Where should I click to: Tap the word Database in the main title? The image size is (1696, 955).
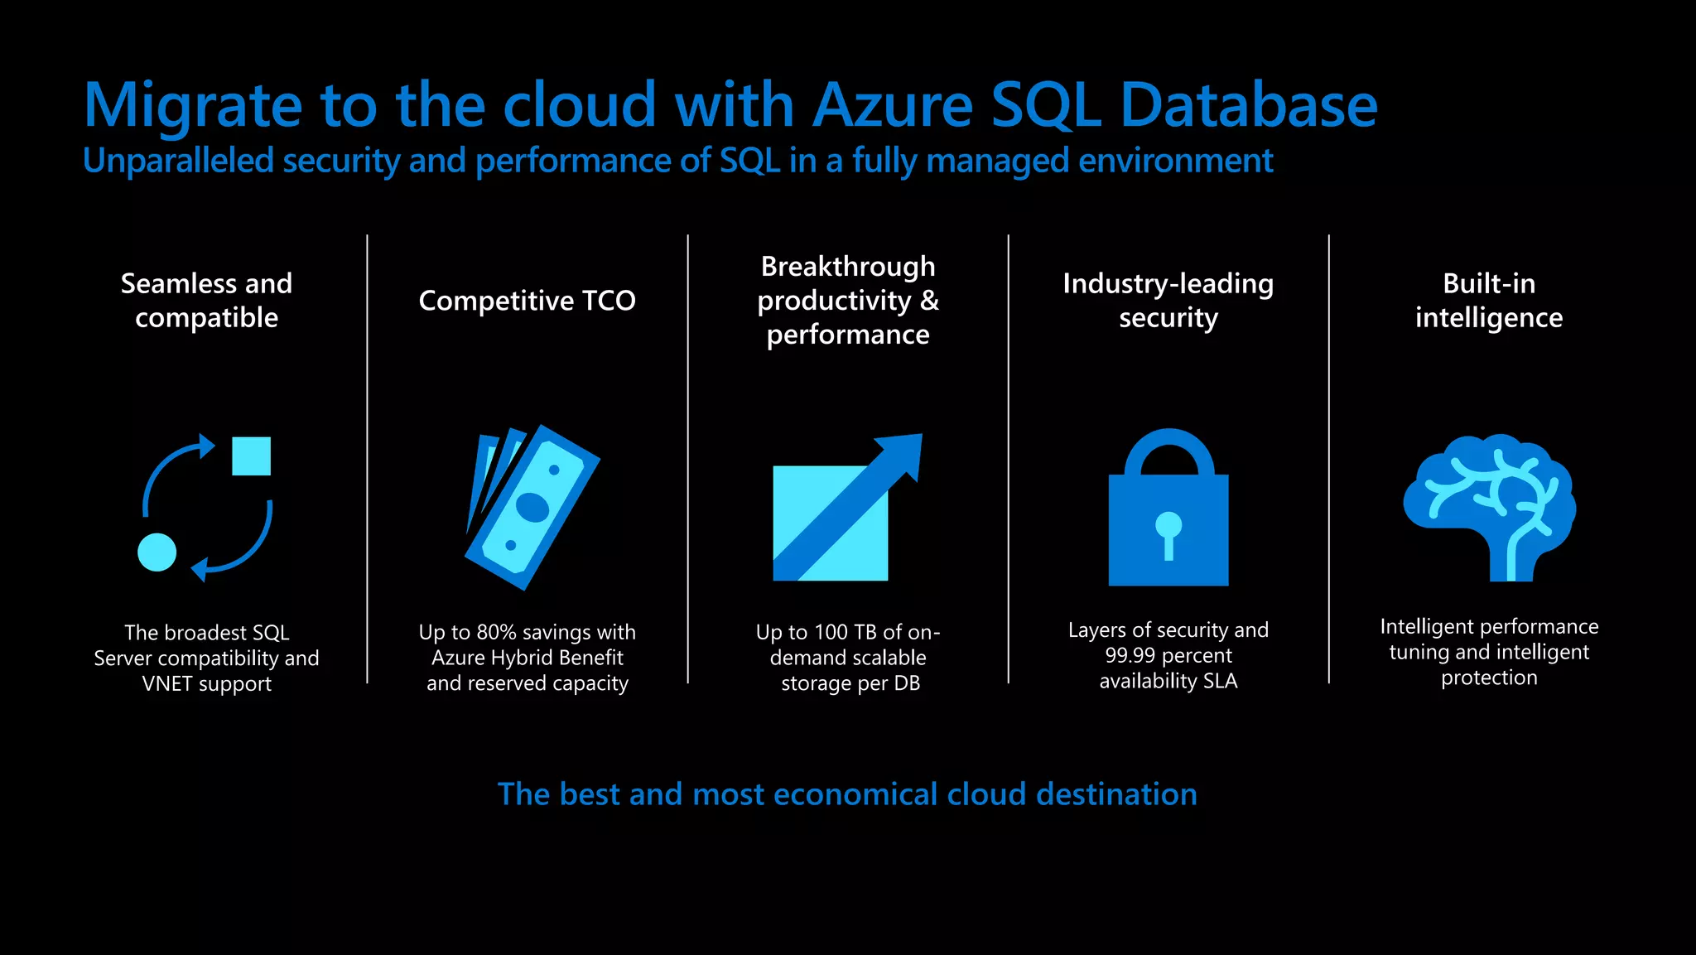click(1248, 106)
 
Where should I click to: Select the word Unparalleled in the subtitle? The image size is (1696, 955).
click(178, 161)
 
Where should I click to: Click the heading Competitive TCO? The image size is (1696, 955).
click(527, 301)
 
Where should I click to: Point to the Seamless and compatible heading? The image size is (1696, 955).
click(206, 301)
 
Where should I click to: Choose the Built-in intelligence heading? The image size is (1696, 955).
click(1488, 301)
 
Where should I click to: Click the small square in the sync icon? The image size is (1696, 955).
click(251, 456)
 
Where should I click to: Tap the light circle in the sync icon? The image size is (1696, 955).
click(157, 552)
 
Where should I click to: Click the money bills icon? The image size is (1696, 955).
click(532, 508)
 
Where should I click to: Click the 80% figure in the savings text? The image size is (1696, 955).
click(496, 633)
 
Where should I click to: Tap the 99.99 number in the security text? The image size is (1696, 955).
click(1130, 656)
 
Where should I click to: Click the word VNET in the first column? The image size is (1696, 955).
click(166, 684)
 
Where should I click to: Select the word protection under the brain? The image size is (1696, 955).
click(1488, 678)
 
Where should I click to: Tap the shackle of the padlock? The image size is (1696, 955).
click(1168, 452)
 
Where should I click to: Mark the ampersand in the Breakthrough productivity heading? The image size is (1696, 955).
click(929, 301)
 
